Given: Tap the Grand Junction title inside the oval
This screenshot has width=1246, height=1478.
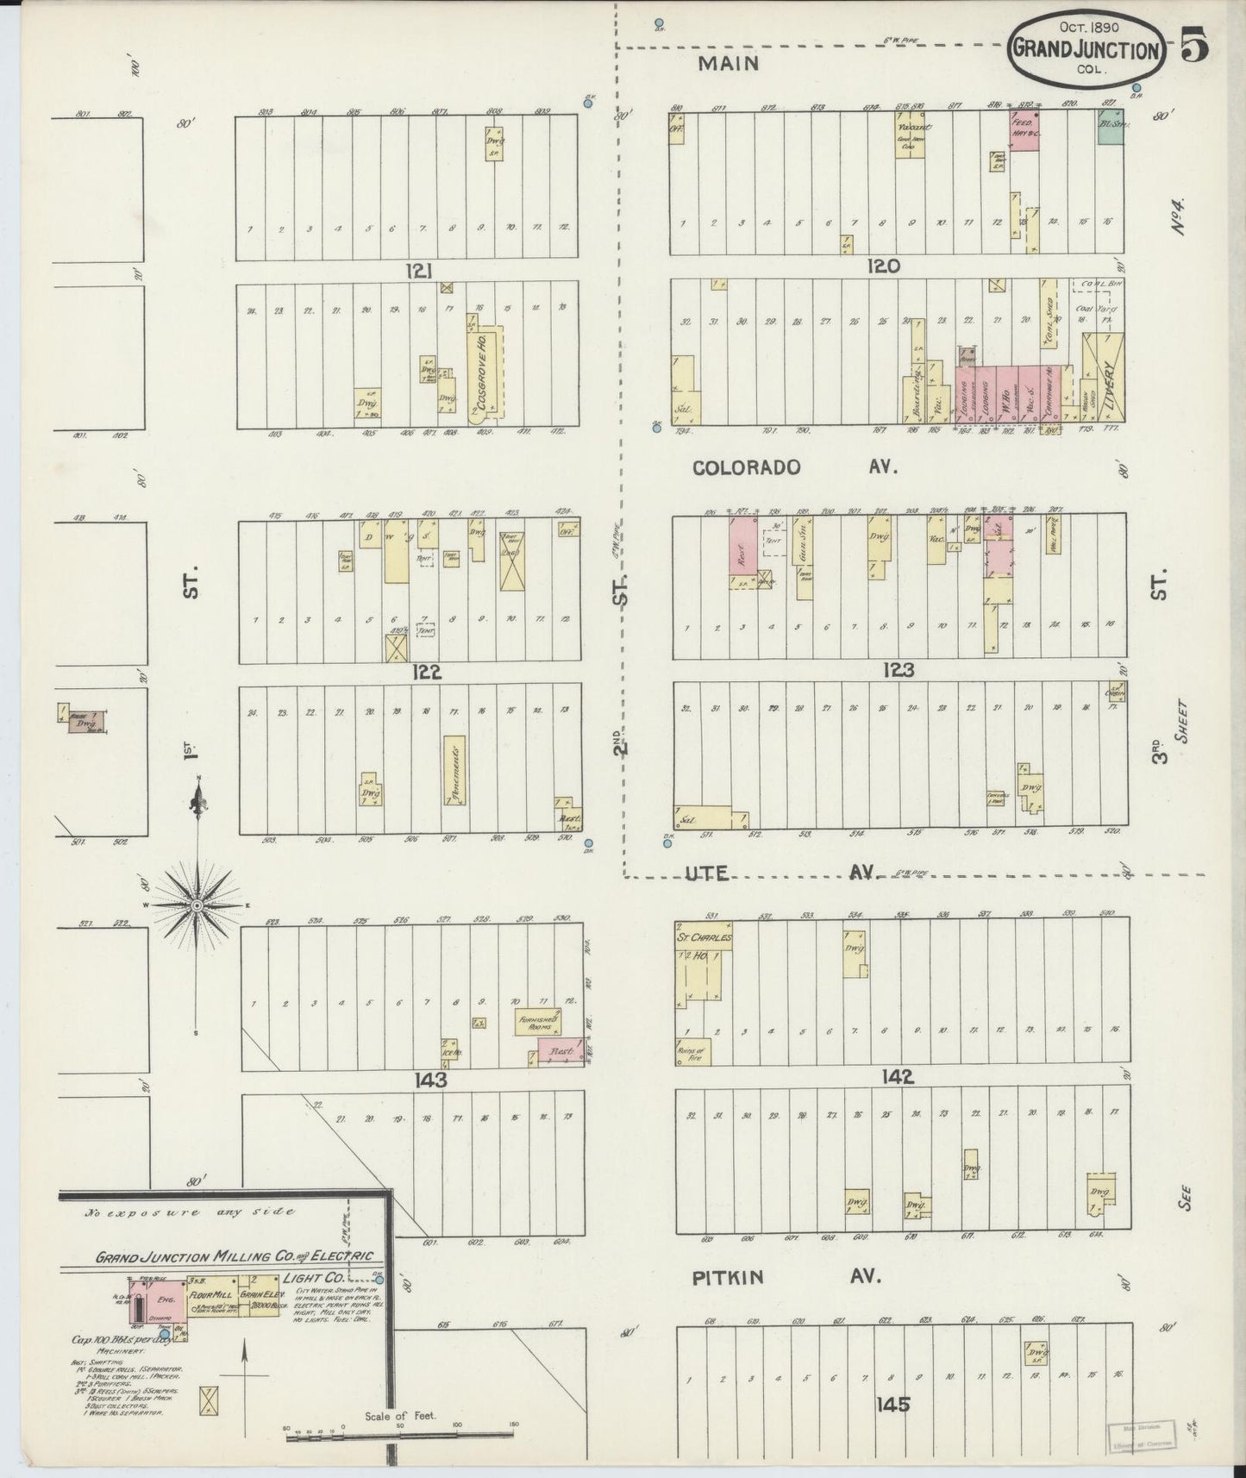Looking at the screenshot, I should tap(1086, 50).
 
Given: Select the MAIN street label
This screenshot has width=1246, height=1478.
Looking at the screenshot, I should tap(729, 63).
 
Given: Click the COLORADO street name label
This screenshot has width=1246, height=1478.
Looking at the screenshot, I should tap(747, 467).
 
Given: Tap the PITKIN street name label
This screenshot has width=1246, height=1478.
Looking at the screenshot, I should tap(729, 1278).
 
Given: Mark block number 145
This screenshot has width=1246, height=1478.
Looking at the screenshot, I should tap(892, 1405).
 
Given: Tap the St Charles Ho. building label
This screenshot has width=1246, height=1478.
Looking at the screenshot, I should tap(703, 936).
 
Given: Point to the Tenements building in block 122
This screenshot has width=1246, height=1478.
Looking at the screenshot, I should tap(454, 770).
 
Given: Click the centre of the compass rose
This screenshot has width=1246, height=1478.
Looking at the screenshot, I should tap(197, 905).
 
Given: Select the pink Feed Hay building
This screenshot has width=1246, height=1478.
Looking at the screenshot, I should tap(1023, 133).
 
